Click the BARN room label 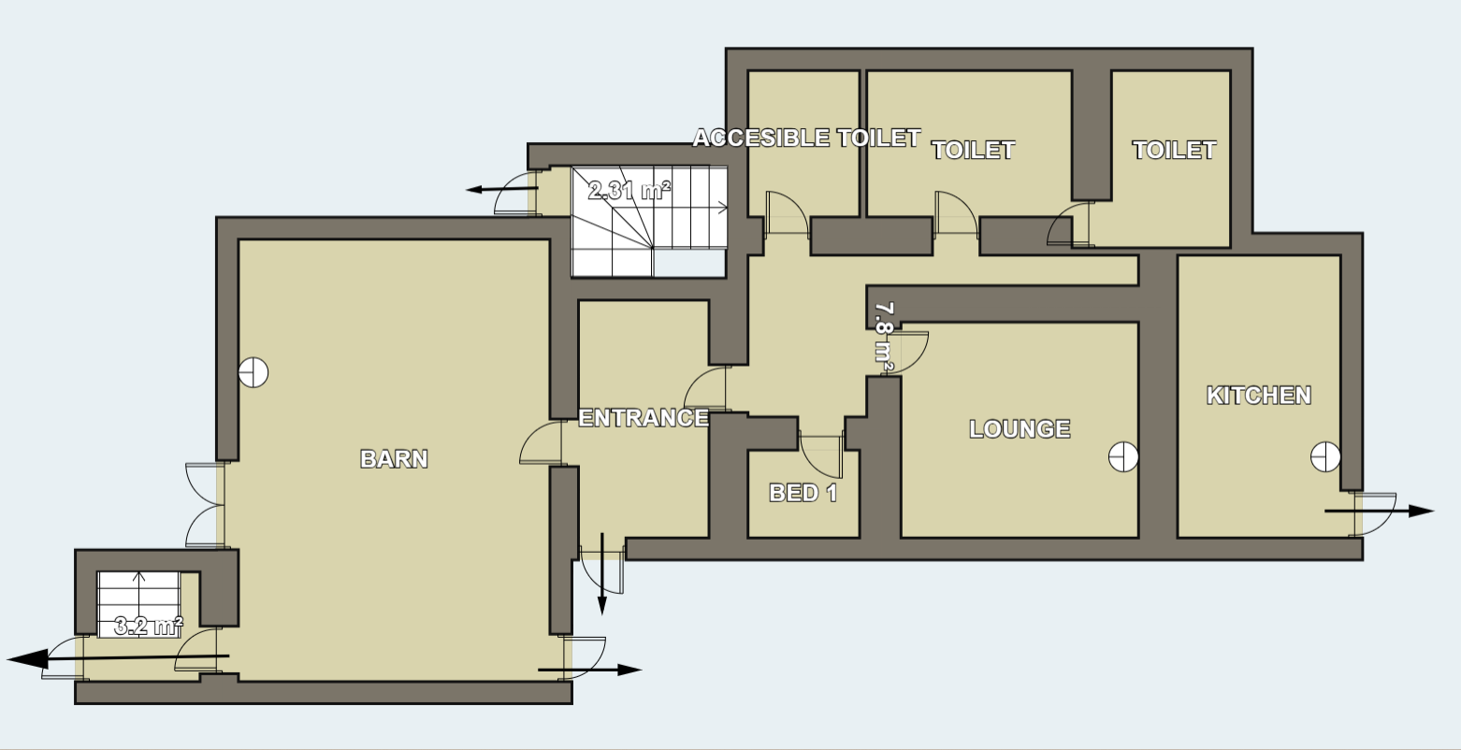[x=394, y=459]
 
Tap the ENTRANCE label [x=644, y=418]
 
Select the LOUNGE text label [x=1020, y=429]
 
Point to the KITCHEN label [x=1258, y=396]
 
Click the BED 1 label [x=803, y=493]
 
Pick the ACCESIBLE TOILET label [x=806, y=137]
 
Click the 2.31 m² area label [x=629, y=191]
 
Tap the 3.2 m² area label [x=149, y=627]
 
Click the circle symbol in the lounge [x=1123, y=456]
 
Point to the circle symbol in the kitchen [x=1325, y=456]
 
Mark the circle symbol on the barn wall [x=253, y=373]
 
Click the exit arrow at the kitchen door [x=1379, y=512]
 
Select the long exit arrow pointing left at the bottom [x=118, y=658]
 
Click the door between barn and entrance [x=541, y=442]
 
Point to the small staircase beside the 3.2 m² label [x=139, y=604]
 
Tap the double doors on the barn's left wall [x=204, y=505]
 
